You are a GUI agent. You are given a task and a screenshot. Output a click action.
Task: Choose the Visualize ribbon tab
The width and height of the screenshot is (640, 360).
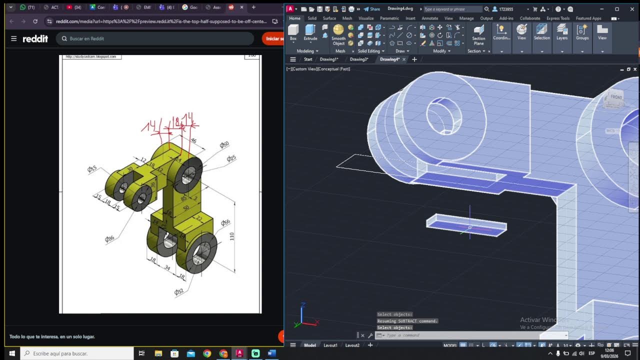(365, 18)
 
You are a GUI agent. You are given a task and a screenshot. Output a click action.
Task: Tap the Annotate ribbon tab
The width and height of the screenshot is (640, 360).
(429, 18)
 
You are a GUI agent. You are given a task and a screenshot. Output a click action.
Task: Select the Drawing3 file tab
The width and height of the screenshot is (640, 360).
(358, 59)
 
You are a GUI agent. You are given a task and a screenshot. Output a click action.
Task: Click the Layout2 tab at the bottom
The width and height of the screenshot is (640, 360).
(352, 345)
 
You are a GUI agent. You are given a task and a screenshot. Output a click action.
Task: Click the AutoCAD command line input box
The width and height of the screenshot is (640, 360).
(470, 335)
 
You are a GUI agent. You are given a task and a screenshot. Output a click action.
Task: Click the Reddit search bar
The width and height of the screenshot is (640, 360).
(155, 38)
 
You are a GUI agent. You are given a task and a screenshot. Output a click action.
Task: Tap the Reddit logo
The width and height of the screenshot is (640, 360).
(35, 38)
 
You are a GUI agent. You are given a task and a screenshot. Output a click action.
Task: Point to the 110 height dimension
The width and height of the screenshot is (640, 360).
(232, 236)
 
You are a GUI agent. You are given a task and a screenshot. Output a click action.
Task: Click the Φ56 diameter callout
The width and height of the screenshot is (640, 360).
(225, 222)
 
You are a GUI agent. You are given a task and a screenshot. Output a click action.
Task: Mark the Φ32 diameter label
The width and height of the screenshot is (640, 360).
(178, 292)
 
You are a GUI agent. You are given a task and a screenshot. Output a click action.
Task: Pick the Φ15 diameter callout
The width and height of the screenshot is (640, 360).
(92, 169)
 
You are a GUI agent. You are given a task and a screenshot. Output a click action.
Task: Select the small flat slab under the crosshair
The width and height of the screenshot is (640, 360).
(466, 225)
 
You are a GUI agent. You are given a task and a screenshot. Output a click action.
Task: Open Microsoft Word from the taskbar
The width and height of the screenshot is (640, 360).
(271, 353)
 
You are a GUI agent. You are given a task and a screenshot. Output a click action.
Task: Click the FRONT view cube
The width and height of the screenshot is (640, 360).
(616, 98)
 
